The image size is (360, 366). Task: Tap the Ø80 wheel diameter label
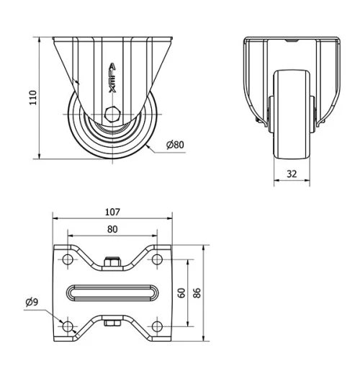coord(175,145)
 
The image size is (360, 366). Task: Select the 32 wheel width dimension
coord(291,174)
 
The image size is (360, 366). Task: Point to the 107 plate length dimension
coord(112,212)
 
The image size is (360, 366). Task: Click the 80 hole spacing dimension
coord(112,229)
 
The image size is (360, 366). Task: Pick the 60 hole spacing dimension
coord(182,293)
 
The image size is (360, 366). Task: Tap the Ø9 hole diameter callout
coord(31,302)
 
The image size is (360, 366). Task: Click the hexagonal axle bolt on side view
coord(113,114)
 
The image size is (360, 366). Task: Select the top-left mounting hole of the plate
coord(68,259)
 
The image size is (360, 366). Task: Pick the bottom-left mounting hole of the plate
coord(68,327)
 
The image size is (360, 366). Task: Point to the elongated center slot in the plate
coord(113,293)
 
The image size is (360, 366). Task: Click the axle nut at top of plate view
coord(112,262)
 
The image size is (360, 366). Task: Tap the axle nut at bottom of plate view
coord(112,323)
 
